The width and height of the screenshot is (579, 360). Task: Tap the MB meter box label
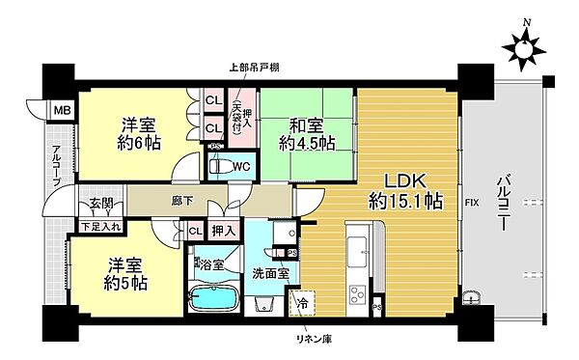click(60, 110)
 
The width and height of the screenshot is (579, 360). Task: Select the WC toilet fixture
click(222, 166)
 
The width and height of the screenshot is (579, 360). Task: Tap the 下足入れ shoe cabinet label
click(101, 227)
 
